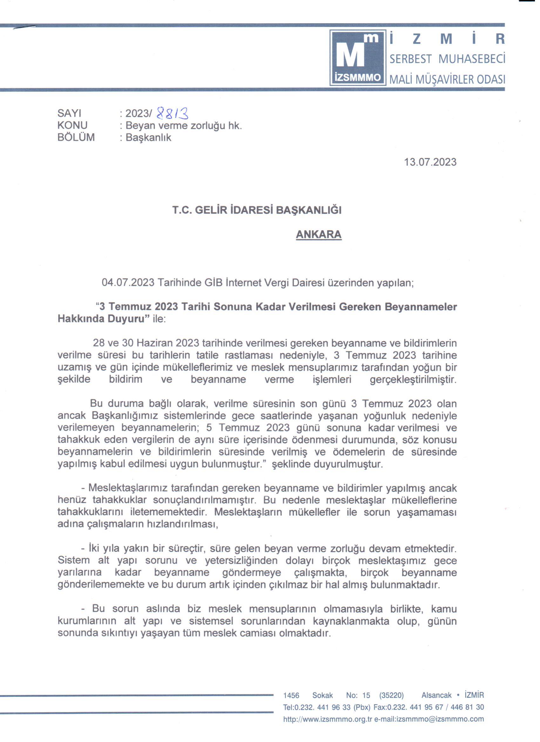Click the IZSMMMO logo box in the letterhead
(358, 57)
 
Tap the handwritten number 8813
(172, 113)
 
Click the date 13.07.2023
(430, 162)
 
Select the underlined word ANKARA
(318, 234)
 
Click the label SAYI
(69, 113)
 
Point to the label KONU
(72, 125)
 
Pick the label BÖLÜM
(76, 137)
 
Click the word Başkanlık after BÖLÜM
(148, 137)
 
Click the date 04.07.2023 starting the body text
(128, 283)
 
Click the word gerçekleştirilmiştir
(413, 380)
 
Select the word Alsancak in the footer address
(436, 695)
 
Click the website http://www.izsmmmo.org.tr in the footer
(327, 719)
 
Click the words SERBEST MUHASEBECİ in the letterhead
(447, 59)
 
